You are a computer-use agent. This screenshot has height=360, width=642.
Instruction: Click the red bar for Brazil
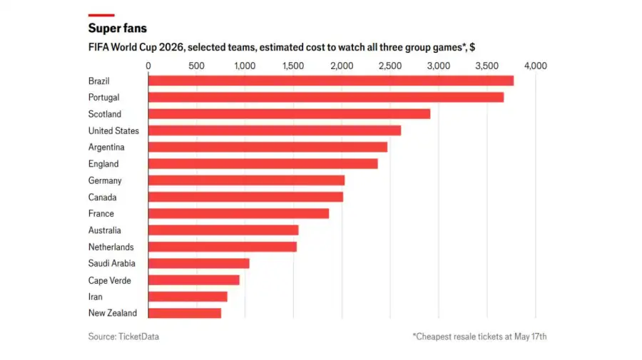pos(331,81)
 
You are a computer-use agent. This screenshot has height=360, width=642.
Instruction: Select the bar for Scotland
pos(289,114)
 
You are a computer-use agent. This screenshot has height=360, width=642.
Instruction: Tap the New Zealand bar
pos(185,313)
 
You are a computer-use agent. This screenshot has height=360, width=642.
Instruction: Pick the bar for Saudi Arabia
pos(198,264)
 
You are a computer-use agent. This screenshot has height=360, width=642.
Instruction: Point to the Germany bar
pos(247,180)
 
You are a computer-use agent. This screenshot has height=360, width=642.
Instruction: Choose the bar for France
pos(239,214)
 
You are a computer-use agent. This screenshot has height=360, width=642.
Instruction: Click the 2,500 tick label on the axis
pos(390,66)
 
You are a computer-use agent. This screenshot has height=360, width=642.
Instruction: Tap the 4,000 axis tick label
pos(536,66)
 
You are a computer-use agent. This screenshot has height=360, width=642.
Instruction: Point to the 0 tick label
pos(148,66)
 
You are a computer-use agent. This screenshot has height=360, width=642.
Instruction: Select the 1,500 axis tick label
pos(293,66)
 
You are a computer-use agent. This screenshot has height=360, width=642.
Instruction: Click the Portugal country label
pos(103,98)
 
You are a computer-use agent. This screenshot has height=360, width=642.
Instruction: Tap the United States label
pos(113,130)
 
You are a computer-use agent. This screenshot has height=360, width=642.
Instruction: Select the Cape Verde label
pos(109,280)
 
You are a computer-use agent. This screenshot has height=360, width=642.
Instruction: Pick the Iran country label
pos(96,297)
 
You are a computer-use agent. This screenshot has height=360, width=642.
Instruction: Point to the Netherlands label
pos(111,247)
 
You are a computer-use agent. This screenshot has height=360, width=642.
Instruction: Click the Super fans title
pos(118,29)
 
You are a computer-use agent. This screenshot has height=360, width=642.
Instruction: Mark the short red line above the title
pos(101,15)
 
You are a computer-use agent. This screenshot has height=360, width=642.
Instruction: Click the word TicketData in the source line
pos(139,336)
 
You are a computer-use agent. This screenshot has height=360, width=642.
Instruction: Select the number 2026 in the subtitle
pos(171,47)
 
